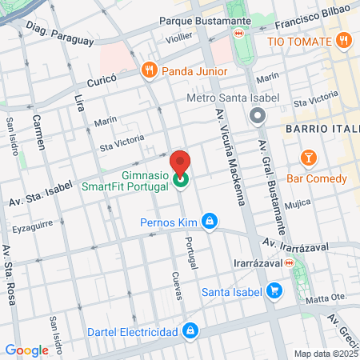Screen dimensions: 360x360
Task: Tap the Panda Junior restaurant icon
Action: point(149,71)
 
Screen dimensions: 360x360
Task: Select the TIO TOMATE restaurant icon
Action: point(343,41)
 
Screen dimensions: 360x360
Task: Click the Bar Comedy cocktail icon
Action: point(307,155)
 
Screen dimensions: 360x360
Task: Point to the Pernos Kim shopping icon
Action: point(209,220)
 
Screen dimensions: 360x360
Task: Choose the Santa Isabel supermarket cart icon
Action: point(274,290)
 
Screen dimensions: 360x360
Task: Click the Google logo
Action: point(26,350)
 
